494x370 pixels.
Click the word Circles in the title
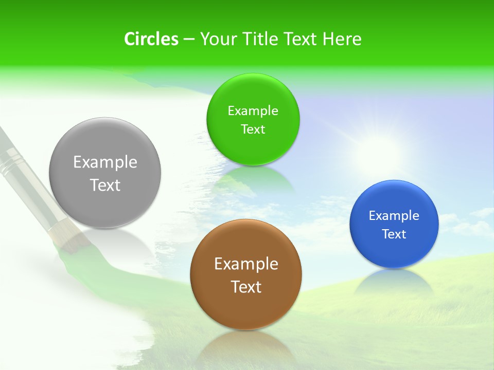click(151, 39)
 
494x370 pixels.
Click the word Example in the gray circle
click(105, 162)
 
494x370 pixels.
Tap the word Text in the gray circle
click(105, 185)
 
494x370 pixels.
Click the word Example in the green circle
click(253, 111)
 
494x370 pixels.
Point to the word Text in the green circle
click(253, 129)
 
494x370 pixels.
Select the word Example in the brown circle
click(246, 264)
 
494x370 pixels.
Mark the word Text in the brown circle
click(246, 287)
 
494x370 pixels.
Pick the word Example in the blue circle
click(394, 216)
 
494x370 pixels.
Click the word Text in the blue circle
click(394, 234)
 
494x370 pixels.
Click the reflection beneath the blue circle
click(394, 282)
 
